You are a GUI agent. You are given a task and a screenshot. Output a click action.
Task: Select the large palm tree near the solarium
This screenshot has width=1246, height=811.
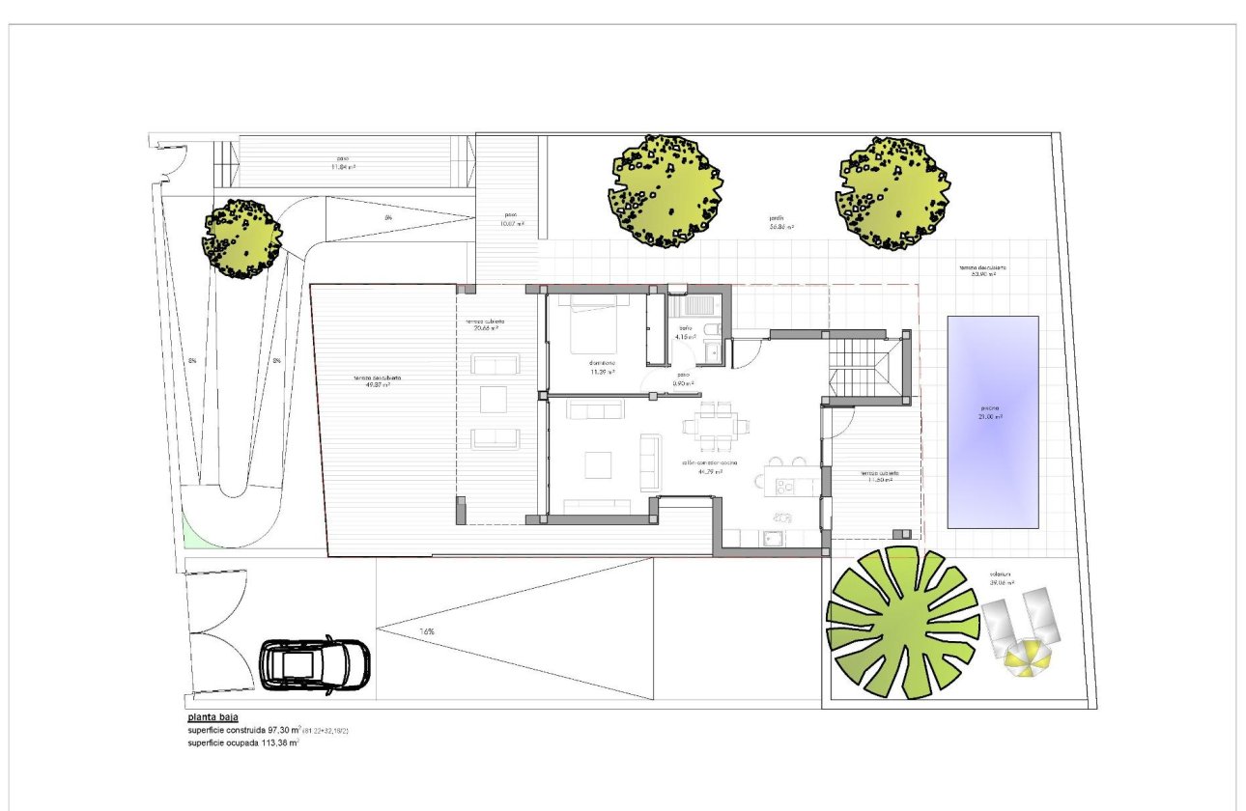point(902,622)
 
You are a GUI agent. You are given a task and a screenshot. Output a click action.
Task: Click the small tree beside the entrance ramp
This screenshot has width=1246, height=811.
point(241,238)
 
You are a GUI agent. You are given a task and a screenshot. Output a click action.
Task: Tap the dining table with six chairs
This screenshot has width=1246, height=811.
point(710,425)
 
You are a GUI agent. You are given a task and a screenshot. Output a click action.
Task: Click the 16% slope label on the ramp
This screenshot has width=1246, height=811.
point(426,631)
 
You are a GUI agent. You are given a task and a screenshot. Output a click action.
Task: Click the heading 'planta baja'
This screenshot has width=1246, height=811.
point(212,718)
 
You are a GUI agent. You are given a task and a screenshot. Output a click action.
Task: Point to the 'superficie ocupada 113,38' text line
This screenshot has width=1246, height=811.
point(242,742)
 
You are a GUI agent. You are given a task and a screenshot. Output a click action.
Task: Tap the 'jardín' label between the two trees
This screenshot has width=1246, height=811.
point(780,223)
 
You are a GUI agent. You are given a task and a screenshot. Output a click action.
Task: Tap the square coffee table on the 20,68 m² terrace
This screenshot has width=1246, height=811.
point(494,399)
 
